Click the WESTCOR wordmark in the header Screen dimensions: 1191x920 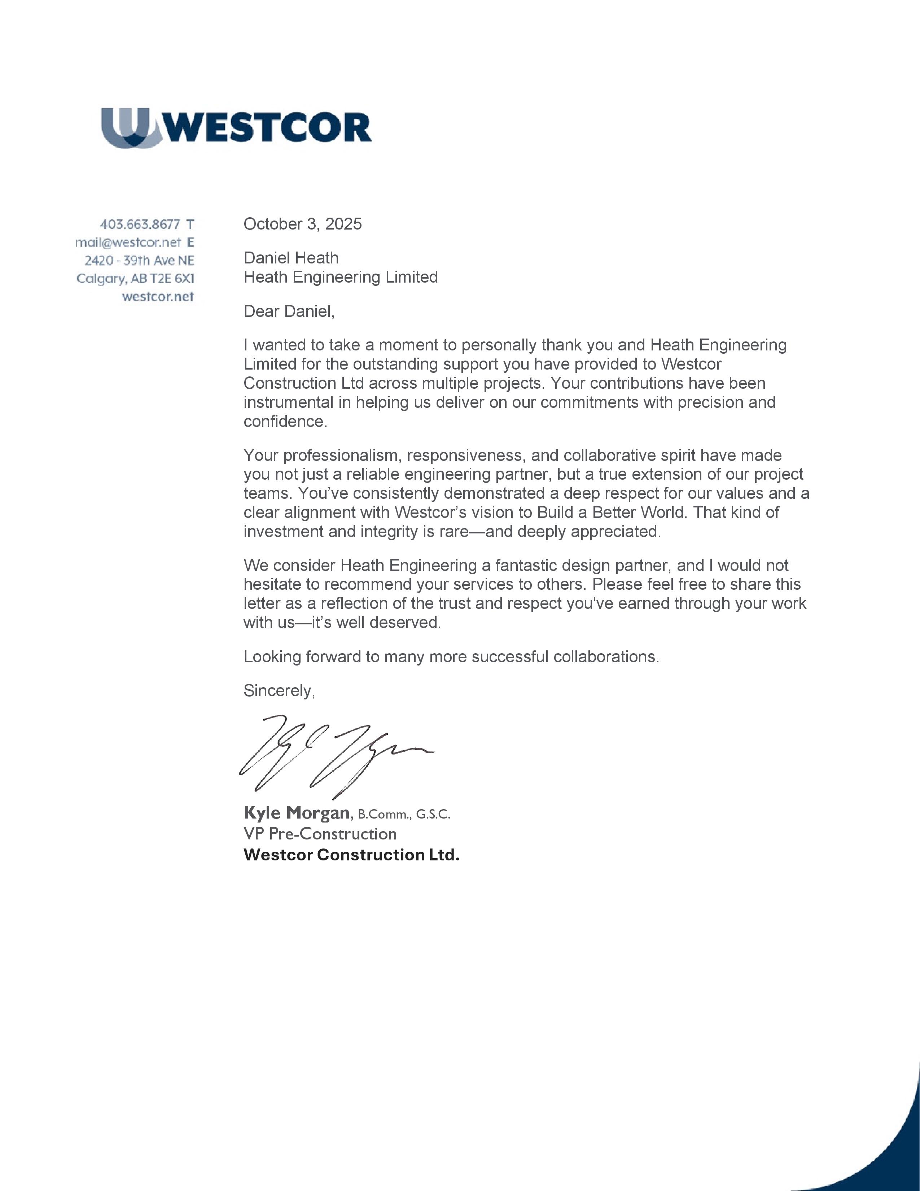click(x=267, y=128)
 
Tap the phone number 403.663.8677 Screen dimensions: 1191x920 click(x=140, y=224)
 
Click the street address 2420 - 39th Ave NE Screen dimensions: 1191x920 click(x=140, y=260)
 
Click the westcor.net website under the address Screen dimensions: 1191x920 click(x=158, y=297)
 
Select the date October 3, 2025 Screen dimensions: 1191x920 click(x=302, y=224)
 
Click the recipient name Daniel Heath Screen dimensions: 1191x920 click(x=291, y=258)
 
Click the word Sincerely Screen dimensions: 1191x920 click(x=279, y=691)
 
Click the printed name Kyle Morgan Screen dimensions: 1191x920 click(x=297, y=813)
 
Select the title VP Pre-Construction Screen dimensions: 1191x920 click(x=320, y=834)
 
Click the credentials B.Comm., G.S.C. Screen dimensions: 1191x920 click(x=404, y=815)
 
